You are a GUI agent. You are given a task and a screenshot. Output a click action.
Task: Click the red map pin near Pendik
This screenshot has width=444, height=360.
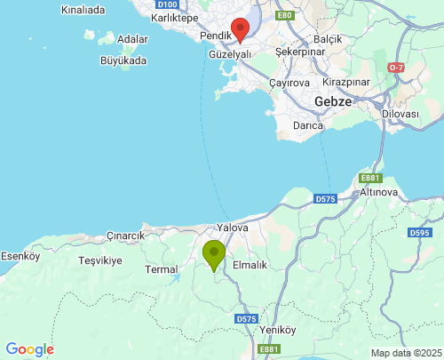click(239, 30)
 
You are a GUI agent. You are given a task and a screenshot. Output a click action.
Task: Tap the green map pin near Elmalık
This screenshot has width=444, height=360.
click(214, 254)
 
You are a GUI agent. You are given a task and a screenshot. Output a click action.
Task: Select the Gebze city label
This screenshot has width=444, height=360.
click(333, 102)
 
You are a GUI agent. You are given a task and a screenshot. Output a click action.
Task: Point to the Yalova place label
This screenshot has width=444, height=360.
click(231, 228)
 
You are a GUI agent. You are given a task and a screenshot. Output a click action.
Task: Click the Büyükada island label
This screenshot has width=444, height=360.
click(123, 61)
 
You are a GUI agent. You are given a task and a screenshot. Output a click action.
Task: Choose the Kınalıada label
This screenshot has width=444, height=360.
click(83, 11)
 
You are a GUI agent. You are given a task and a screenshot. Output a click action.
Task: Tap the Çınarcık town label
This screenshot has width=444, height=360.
click(125, 236)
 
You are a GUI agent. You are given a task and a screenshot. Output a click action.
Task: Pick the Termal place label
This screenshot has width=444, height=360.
click(162, 268)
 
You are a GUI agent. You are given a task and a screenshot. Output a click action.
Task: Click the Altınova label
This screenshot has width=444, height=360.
click(384, 192)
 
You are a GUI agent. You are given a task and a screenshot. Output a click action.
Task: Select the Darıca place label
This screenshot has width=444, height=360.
click(307, 125)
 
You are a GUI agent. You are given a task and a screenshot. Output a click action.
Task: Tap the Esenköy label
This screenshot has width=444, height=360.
click(20, 256)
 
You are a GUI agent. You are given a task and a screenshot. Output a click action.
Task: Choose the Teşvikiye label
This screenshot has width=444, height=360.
click(99, 261)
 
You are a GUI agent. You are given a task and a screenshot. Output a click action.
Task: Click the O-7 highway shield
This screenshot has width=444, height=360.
click(396, 68)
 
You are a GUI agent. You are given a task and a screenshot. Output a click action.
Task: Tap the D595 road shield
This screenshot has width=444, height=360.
click(420, 233)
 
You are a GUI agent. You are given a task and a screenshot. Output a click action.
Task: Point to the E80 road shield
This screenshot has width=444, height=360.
click(284, 16)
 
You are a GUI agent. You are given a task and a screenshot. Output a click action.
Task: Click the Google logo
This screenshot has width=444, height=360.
click(29, 349)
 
